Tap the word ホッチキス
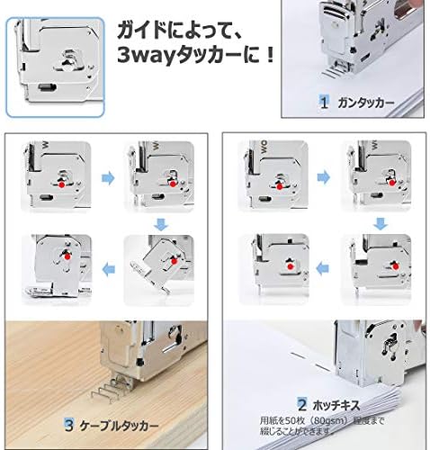pos(335,406)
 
